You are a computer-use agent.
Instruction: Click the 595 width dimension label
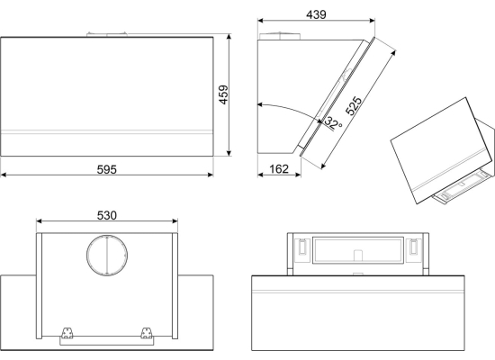(107, 169)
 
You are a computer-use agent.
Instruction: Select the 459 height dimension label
(223, 94)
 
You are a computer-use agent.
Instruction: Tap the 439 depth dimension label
(316, 14)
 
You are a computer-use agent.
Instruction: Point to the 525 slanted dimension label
(354, 105)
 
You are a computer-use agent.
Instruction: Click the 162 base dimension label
(279, 169)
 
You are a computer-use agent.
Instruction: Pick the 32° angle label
(333, 122)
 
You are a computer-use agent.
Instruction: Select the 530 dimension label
(107, 215)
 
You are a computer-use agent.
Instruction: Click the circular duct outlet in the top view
(107, 256)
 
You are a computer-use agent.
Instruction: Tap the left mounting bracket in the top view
(67, 333)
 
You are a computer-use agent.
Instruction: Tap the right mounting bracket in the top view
(146, 333)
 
